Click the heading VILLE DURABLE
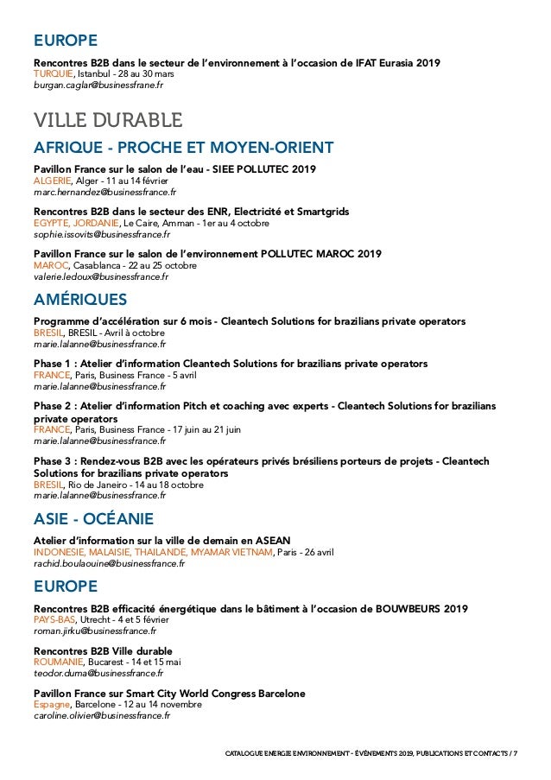[x=107, y=119]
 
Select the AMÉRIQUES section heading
[x=79, y=300]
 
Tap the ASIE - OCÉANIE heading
[x=93, y=519]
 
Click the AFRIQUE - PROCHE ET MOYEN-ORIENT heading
[x=183, y=147]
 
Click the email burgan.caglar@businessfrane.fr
[x=98, y=86]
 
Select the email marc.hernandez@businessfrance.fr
[x=104, y=193]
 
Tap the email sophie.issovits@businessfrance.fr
[x=102, y=234]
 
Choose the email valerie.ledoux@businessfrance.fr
[x=101, y=276]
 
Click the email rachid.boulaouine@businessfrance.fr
[x=109, y=563]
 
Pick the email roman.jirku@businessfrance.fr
[x=95, y=631]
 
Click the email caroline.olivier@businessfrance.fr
[x=102, y=715]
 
